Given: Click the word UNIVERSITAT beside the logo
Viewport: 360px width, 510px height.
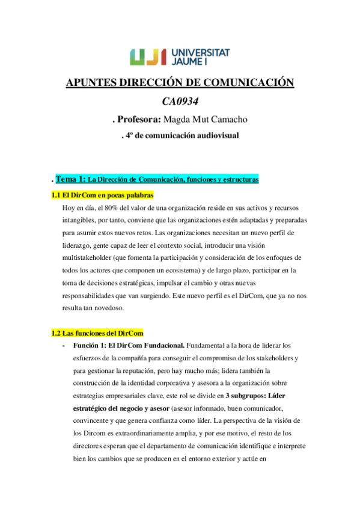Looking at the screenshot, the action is point(200,52).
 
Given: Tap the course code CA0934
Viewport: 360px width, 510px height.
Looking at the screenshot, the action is point(180,101).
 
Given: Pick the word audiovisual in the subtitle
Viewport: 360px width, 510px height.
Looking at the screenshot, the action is point(215,135).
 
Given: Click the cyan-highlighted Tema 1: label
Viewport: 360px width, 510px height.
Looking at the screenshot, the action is point(70,179).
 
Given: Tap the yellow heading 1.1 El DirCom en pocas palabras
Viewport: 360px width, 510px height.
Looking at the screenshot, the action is point(102,195).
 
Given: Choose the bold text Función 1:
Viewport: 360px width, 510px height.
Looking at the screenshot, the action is point(90,346).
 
